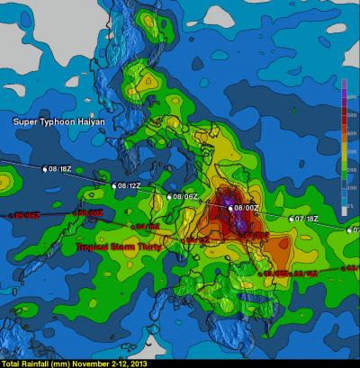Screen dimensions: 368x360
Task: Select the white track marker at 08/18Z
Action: [45, 167]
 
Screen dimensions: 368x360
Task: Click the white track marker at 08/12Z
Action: [114, 185]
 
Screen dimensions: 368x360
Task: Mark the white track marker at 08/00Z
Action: [231, 208]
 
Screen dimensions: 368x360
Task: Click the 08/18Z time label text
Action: [59, 168]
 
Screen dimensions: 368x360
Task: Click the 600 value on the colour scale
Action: [349, 95]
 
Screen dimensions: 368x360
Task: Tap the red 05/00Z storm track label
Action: [88, 213]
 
